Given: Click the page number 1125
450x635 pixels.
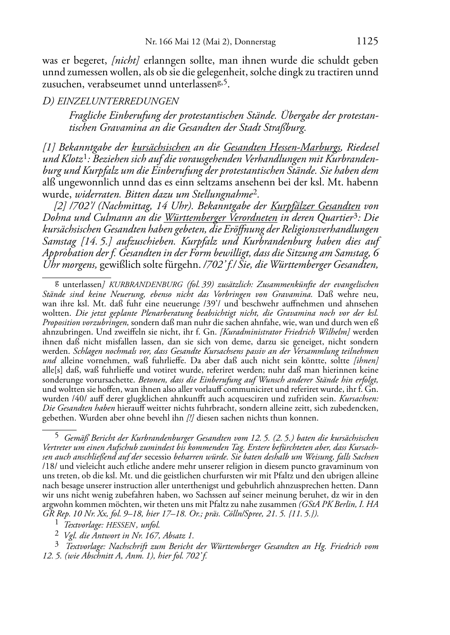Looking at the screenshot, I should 367,42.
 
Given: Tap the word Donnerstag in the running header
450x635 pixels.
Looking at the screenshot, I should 255,42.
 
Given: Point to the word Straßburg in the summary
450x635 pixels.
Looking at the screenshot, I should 286,128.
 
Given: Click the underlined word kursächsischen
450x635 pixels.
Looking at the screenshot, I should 161,147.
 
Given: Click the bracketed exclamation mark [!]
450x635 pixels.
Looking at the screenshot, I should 190,418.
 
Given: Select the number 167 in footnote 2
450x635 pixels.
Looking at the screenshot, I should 153,535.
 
